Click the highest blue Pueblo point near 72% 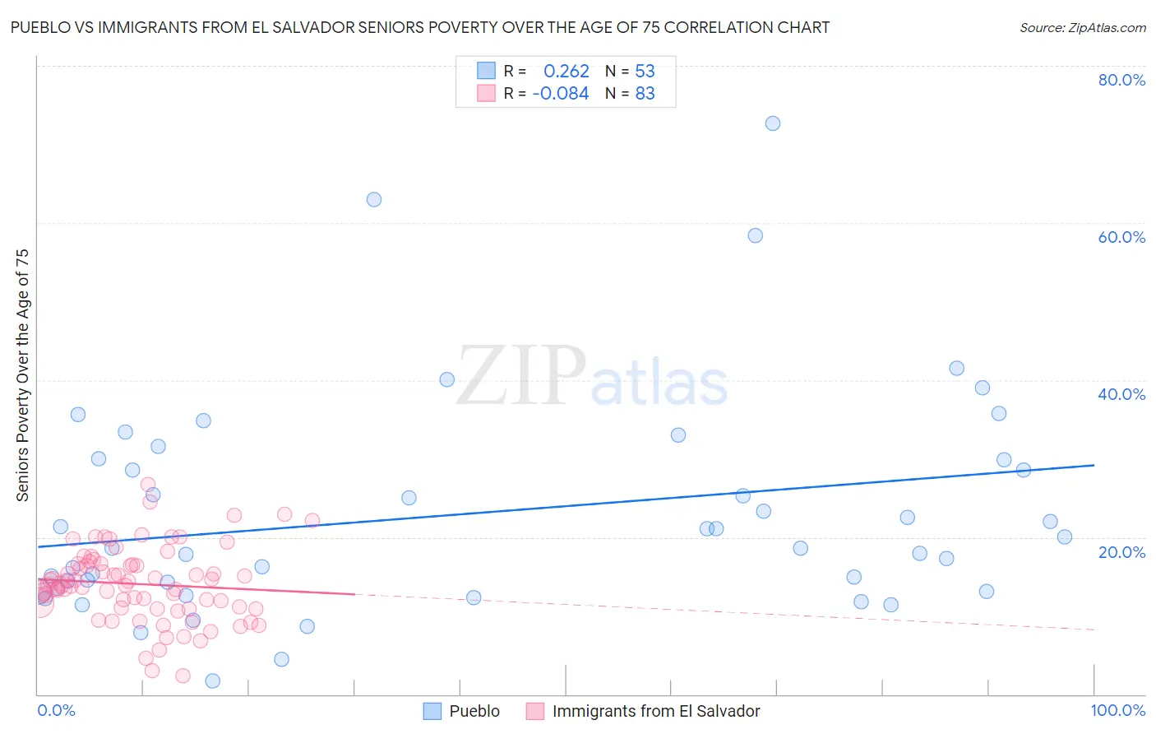coord(772,123)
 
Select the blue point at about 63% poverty coord(374,199)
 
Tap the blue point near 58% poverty coord(755,235)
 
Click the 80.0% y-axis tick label coord(1121,80)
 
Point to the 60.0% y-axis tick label coord(1121,237)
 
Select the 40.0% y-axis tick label coord(1121,394)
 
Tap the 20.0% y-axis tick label coord(1121,551)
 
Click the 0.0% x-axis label coord(56,710)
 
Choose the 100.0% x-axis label coord(1117,710)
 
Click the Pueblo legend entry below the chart coord(474,711)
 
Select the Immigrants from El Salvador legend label coord(655,711)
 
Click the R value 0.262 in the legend coord(566,71)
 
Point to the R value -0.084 coord(561,94)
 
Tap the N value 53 coord(645,71)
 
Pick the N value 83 coord(645,94)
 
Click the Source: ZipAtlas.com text coord(1082,27)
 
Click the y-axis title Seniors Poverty coord(22,374)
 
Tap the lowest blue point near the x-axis coord(212,681)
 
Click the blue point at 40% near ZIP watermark coord(446,379)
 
